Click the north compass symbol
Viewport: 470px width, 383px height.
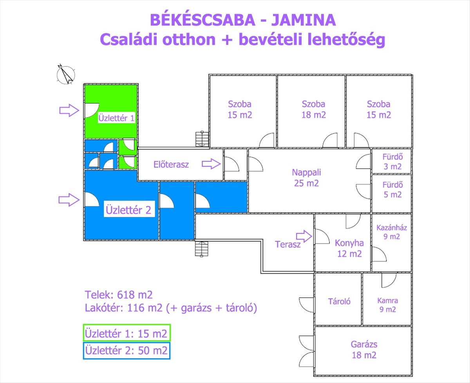click(x=66, y=74)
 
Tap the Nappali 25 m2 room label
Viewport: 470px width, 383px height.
click(x=306, y=178)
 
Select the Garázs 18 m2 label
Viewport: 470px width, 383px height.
click(x=364, y=350)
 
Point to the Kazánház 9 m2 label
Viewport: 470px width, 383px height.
click(x=392, y=232)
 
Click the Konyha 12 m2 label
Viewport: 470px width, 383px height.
click(x=349, y=248)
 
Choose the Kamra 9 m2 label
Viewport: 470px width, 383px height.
click(x=387, y=305)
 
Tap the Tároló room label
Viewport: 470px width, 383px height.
click(x=339, y=302)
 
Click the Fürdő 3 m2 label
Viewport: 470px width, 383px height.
click(x=392, y=161)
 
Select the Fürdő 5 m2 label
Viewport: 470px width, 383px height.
click(x=392, y=190)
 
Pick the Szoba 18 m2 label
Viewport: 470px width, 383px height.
click(x=314, y=109)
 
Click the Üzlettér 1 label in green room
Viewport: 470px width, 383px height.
click(x=116, y=118)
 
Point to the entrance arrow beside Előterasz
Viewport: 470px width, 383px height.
click(x=211, y=164)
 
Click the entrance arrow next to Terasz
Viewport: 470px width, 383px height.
click(x=304, y=236)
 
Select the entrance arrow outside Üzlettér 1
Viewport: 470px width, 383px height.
click(x=69, y=110)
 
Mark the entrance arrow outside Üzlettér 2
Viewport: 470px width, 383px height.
click(x=69, y=200)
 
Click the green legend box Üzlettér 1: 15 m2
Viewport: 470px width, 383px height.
click(x=127, y=333)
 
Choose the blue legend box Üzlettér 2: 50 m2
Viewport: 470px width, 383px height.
click(x=127, y=351)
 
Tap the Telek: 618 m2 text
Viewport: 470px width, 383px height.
click(x=119, y=295)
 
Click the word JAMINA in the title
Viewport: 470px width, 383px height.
click(x=304, y=20)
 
